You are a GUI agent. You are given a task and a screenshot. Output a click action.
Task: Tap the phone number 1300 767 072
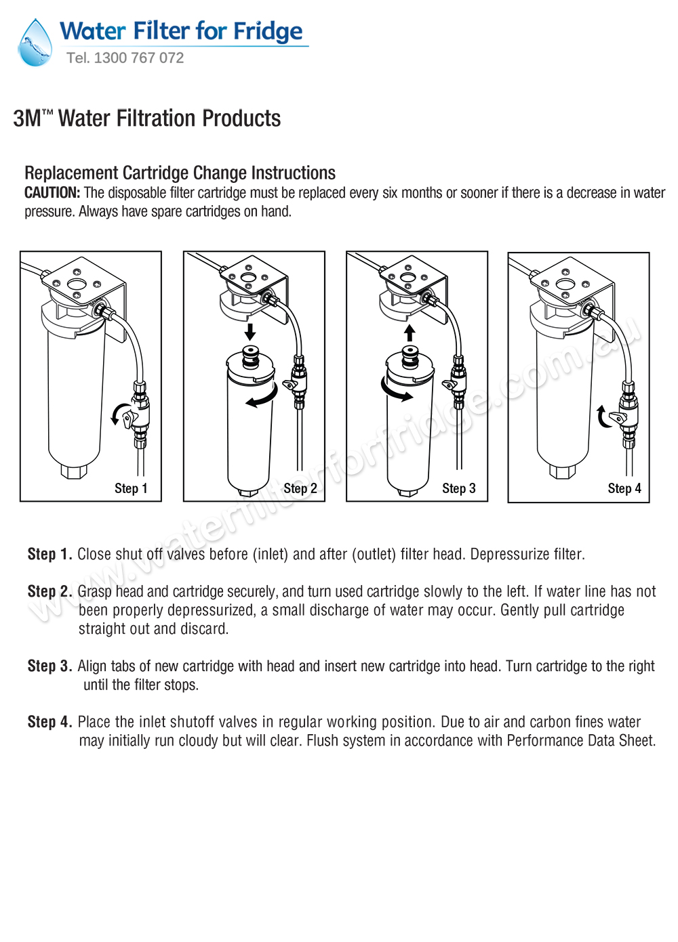(138, 58)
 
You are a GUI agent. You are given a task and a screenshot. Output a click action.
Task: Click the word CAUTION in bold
(52, 193)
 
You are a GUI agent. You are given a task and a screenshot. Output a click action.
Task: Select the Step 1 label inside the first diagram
(131, 488)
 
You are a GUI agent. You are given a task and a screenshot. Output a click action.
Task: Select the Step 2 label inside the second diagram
(300, 488)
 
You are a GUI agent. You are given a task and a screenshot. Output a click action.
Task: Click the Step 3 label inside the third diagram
(459, 488)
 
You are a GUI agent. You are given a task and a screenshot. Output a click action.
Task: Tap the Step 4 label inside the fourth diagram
(624, 488)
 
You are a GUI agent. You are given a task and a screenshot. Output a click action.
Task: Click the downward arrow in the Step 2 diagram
(250, 332)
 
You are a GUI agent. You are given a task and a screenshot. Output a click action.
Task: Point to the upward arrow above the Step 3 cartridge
(410, 333)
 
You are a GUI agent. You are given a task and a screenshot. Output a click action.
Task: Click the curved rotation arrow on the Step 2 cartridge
(262, 398)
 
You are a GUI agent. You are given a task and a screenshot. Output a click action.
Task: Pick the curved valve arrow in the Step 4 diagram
(603, 417)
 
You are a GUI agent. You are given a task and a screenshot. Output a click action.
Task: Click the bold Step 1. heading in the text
(49, 554)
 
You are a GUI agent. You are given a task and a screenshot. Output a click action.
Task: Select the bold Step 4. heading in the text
(49, 722)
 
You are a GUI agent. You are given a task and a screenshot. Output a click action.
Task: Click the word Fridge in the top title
(268, 31)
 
